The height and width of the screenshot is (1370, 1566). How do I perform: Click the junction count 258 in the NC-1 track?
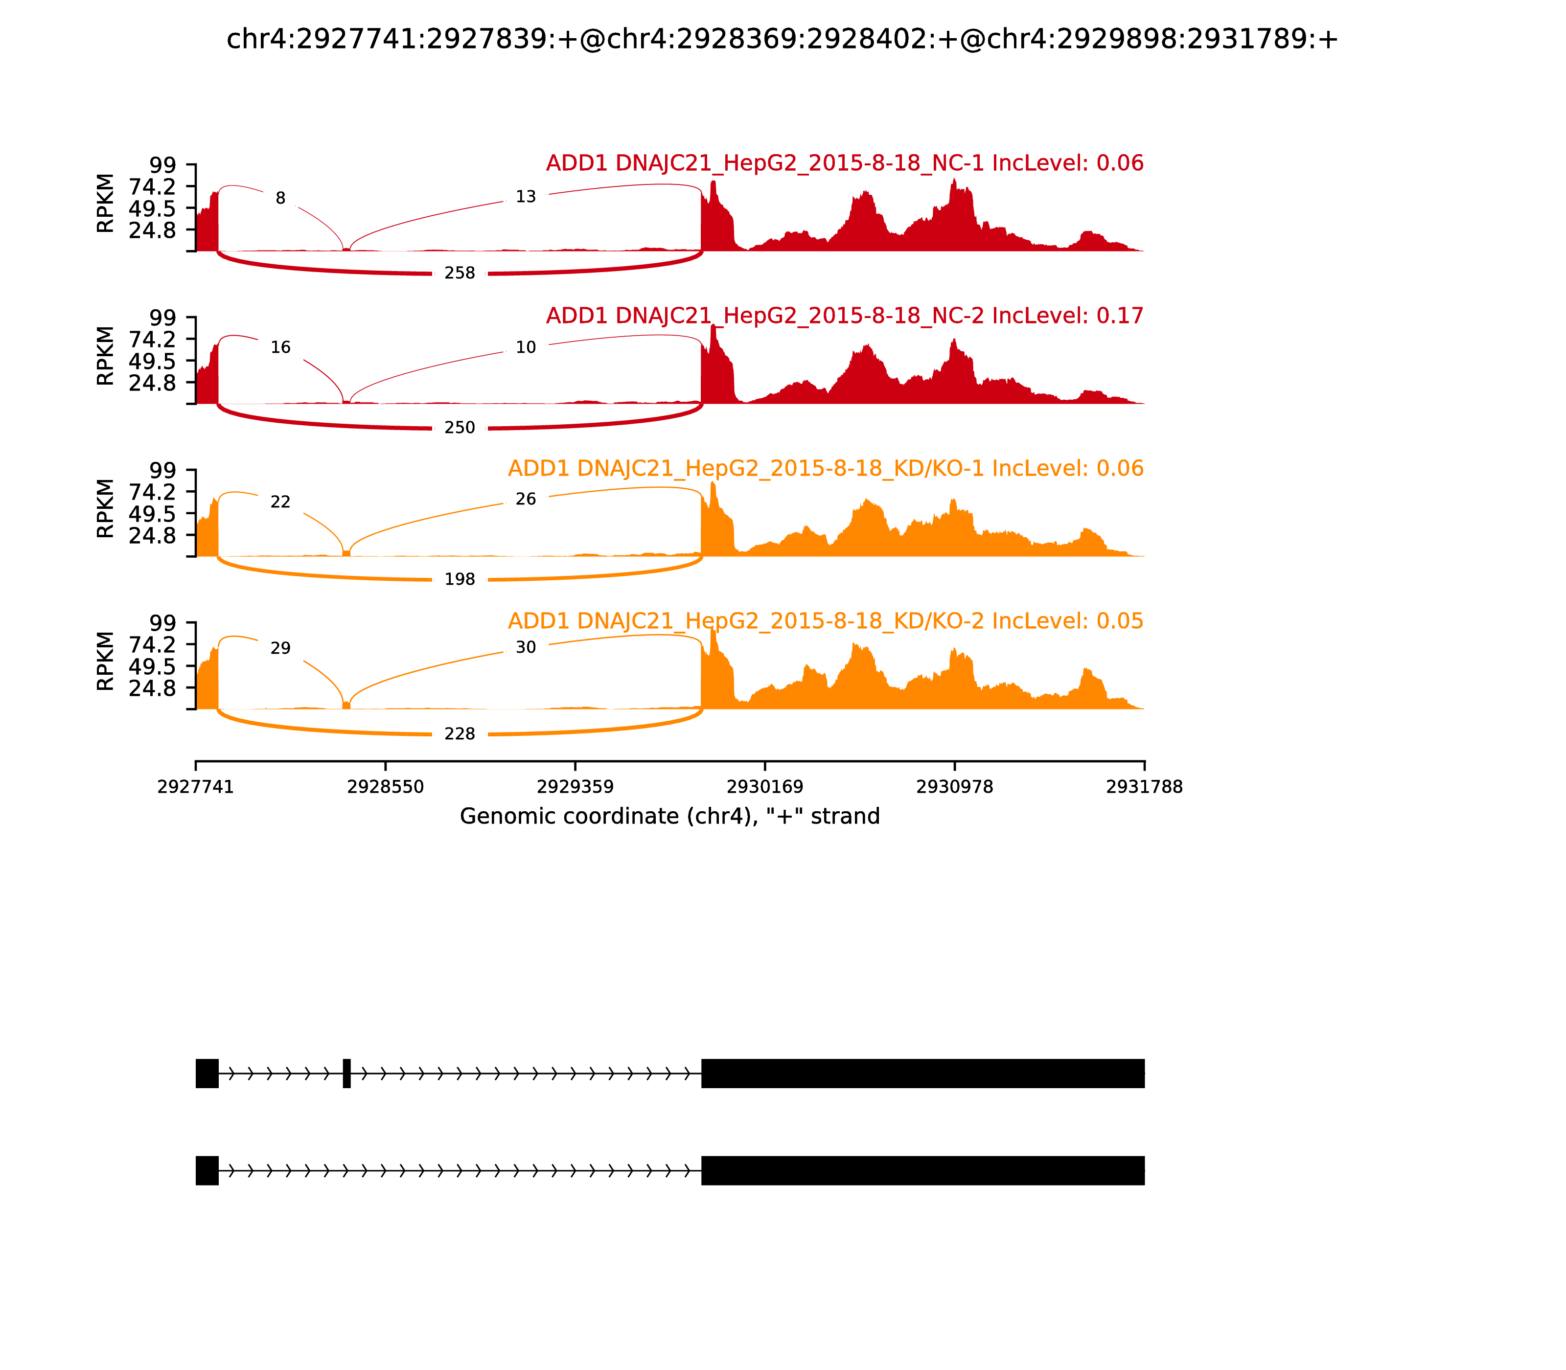click(x=460, y=273)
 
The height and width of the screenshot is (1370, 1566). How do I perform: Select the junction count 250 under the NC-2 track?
click(x=460, y=427)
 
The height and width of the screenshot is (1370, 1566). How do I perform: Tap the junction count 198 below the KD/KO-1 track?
click(x=460, y=579)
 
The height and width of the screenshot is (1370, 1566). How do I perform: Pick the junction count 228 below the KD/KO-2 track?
click(x=460, y=734)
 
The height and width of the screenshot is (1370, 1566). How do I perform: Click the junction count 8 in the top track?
click(x=280, y=199)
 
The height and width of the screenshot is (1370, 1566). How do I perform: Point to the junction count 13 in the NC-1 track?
click(x=525, y=197)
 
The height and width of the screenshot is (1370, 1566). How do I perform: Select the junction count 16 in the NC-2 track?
click(x=280, y=348)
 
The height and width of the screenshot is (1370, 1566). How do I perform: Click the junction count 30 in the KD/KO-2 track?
click(x=525, y=647)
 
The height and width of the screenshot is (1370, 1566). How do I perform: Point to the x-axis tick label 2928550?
click(x=386, y=787)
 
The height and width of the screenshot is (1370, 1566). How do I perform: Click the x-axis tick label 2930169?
click(x=764, y=787)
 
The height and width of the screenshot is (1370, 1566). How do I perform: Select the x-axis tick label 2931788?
click(x=1144, y=787)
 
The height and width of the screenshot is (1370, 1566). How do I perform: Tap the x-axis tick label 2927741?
click(x=196, y=787)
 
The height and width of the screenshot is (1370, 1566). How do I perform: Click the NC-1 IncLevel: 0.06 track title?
click(x=844, y=163)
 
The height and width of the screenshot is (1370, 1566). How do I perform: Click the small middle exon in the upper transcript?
click(x=347, y=1073)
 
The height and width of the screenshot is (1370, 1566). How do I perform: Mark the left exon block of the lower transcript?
click(x=207, y=1170)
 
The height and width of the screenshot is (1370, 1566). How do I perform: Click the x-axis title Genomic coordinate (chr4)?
click(x=670, y=817)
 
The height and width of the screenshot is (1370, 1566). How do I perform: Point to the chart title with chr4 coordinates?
click(x=782, y=40)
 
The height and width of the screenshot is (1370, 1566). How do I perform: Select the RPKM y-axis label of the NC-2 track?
click(x=106, y=356)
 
